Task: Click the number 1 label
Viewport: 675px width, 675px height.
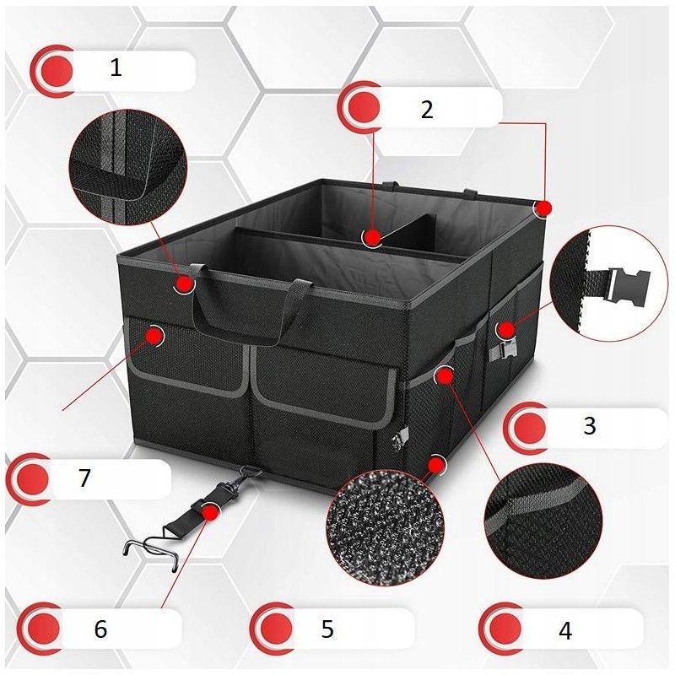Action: tap(116, 67)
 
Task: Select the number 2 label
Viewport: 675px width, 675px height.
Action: tap(427, 110)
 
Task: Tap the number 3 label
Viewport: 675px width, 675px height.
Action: tap(589, 425)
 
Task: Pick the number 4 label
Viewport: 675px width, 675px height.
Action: tap(565, 630)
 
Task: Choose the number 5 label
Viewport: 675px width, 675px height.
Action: tap(327, 629)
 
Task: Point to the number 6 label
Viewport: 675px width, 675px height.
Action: tap(100, 629)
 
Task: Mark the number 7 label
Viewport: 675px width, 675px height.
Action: tap(84, 478)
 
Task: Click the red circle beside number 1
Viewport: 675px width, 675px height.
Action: tap(57, 70)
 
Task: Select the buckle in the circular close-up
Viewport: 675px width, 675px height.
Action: tap(627, 285)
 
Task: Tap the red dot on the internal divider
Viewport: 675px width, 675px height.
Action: tap(373, 237)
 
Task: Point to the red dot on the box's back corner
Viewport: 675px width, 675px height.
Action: tap(544, 208)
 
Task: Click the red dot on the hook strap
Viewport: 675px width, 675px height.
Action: tap(210, 512)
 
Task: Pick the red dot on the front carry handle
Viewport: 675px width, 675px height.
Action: tap(185, 283)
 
